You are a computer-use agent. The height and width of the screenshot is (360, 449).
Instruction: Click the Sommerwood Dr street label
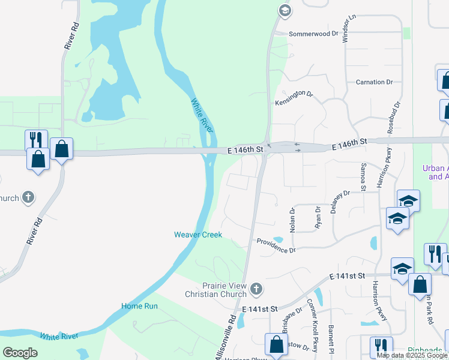coord(313,34)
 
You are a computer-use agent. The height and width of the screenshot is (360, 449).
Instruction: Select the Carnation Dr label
coord(373,82)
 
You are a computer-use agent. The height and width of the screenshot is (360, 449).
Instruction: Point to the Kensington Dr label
coord(294,98)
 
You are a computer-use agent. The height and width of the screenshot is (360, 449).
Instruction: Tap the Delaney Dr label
coord(340,202)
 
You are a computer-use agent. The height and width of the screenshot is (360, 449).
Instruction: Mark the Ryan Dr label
coord(318,217)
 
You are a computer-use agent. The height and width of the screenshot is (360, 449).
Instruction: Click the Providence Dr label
coord(276,245)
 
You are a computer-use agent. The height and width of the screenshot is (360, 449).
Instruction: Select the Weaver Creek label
coord(198,235)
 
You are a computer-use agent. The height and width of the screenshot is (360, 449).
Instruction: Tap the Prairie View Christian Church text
coord(216,290)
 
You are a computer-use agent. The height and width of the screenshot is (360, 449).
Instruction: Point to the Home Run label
coord(139,306)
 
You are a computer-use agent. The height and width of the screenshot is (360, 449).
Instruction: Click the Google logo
coord(20,353)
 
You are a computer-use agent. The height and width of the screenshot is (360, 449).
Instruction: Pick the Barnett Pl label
coord(331,336)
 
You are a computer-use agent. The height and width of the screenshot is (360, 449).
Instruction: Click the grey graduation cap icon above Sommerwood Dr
coord(284,10)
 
